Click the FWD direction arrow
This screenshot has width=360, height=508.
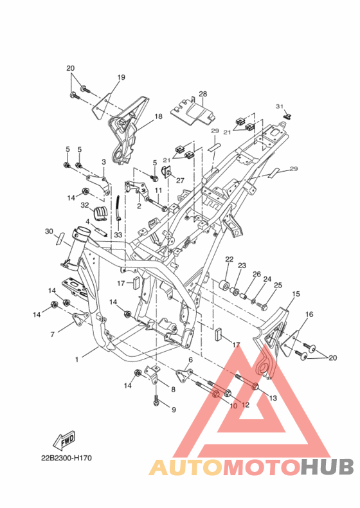[64, 440]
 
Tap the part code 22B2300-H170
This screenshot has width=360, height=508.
[66, 458]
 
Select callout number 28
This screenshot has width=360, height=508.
[203, 94]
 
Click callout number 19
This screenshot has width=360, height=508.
[122, 77]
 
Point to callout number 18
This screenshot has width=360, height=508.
[158, 116]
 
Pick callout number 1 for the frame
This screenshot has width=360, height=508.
[76, 359]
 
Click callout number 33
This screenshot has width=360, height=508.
[118, 234]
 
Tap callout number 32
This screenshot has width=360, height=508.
[85, 205]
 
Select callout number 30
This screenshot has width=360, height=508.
[49, 231]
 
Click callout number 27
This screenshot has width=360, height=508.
[180, 181]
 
